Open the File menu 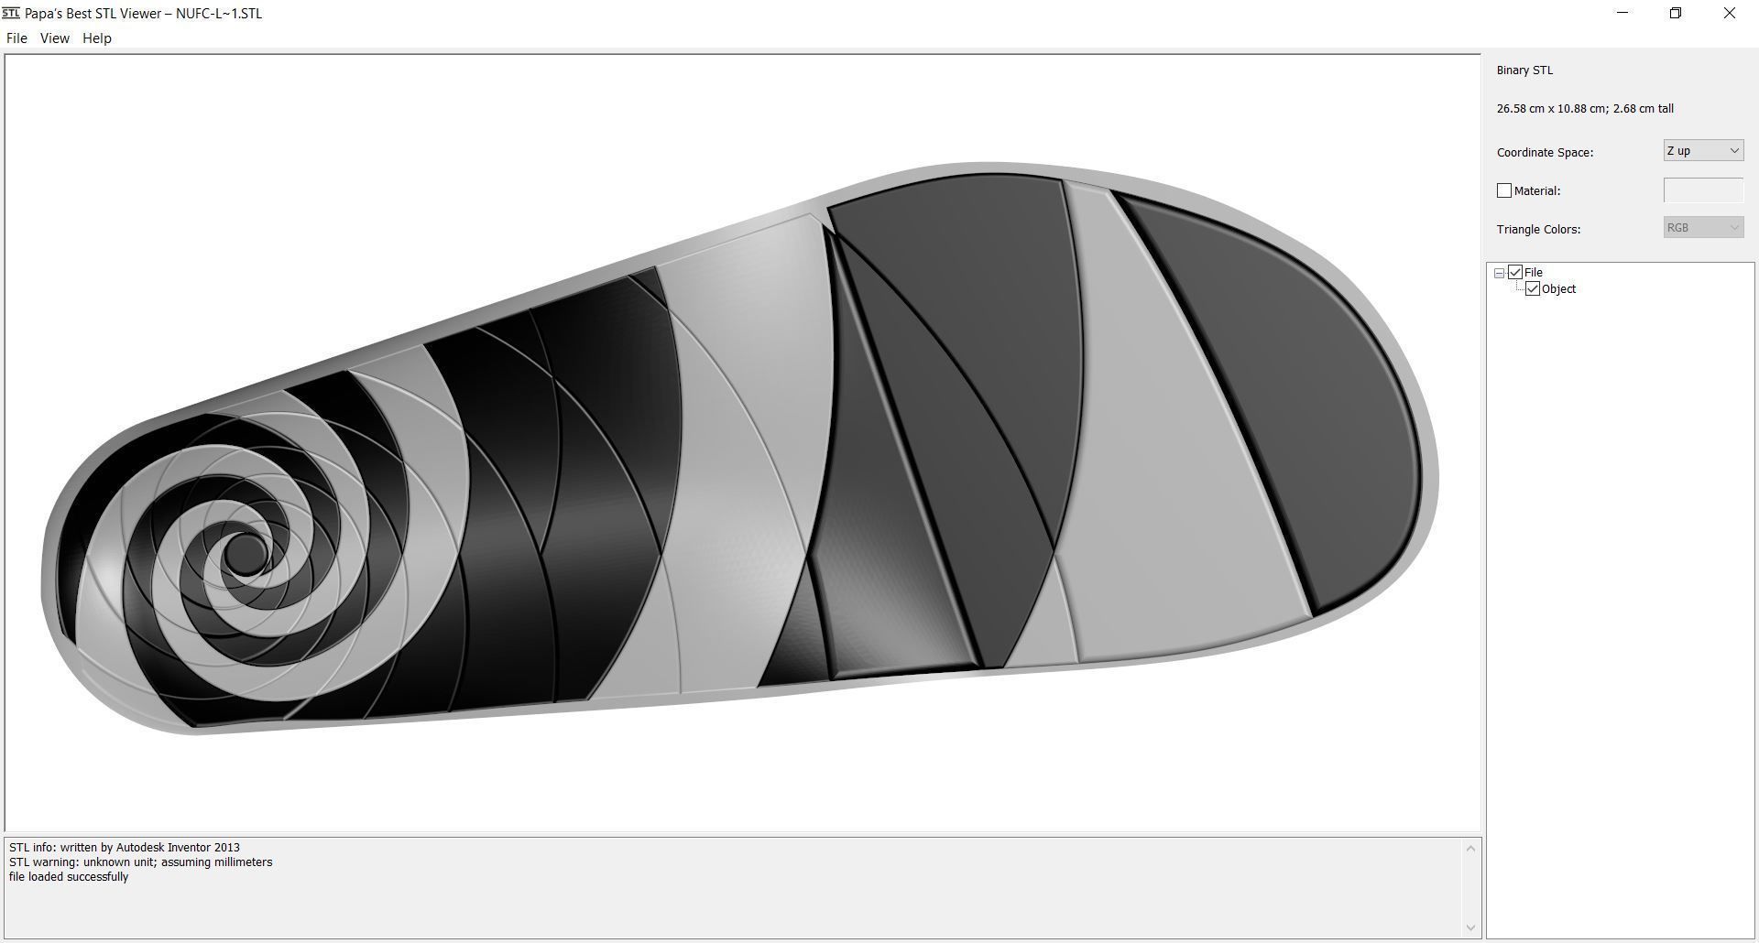coord(16,38)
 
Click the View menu coord(54,38)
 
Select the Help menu coord(96,38)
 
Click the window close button coord(1729,13)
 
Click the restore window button coord(1675,13)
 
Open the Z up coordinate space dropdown coord(1702,151)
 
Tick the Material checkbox coord(1503,190)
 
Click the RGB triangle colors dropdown coord(1702,228)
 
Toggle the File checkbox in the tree coord(1515,273)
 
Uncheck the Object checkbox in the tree coord(1533,289)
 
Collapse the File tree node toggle coord(1499,273)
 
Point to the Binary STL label coord(1524,70)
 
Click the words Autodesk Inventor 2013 coord(178,848)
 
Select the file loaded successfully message coord(69,877)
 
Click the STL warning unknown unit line coord(140,862)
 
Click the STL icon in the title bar coord(10,13)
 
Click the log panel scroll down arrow coord(1470,927)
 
